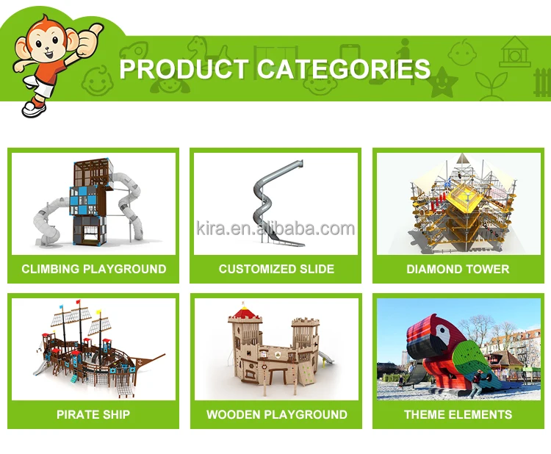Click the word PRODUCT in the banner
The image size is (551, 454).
click(184, 69)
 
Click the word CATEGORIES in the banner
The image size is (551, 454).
click(343, 69)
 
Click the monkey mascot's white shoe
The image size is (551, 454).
click(33, 109)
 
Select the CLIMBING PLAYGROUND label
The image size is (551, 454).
click(94, 269)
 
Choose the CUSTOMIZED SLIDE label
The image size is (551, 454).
click(276, 269)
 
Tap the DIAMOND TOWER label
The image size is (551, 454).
click(458, 269)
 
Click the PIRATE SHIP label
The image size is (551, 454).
click(93, 414)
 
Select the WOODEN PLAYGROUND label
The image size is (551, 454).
click(276, 414)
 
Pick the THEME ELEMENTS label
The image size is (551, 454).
click(458, 414)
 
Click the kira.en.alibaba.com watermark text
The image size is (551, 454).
click(275, 228)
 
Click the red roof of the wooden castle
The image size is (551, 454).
click(245, 311)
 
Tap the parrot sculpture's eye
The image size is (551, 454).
click(441, 330)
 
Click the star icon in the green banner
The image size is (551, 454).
click(444, 82)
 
